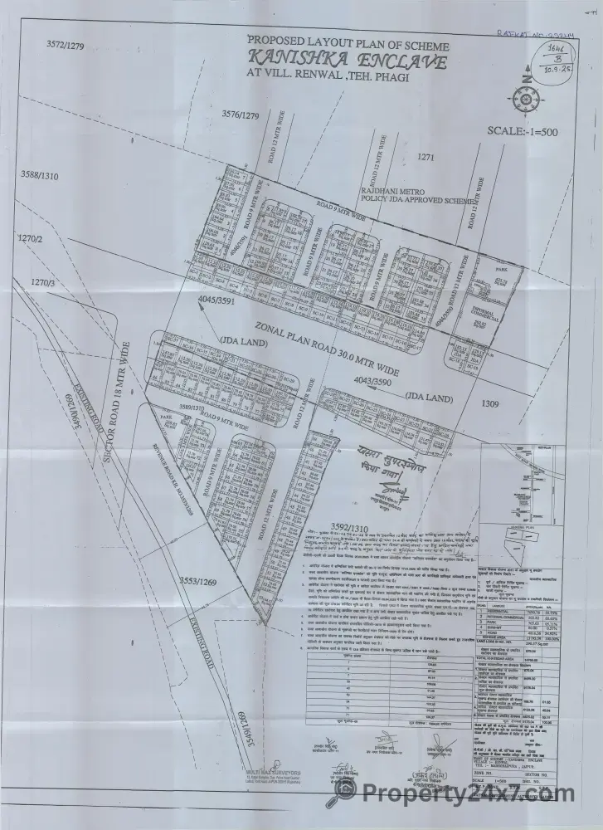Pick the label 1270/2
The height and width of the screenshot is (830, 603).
[29, 239]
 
